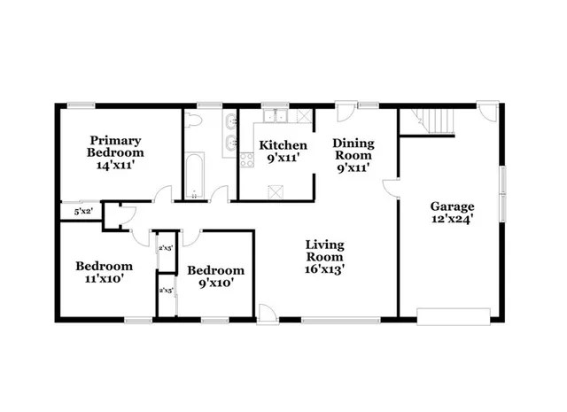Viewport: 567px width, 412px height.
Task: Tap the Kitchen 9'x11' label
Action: tap(283, 152)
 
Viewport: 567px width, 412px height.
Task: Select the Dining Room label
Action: tap(353, 154)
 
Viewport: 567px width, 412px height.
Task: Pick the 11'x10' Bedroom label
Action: tap(104, 271)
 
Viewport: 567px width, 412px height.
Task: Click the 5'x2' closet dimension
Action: tap(82, 212)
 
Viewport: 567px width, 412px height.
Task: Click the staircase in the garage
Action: tap(437, 120)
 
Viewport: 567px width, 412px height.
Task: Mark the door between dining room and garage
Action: tap(391, 186)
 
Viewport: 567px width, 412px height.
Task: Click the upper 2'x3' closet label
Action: tap(166, 248)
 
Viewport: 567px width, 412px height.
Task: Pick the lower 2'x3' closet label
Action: tap(166, 290)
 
